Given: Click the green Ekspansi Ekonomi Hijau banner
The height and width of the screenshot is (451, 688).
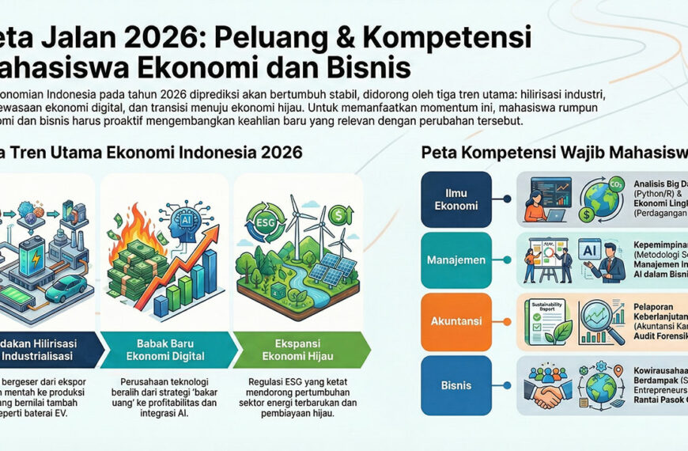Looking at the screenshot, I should pos(301,345).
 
